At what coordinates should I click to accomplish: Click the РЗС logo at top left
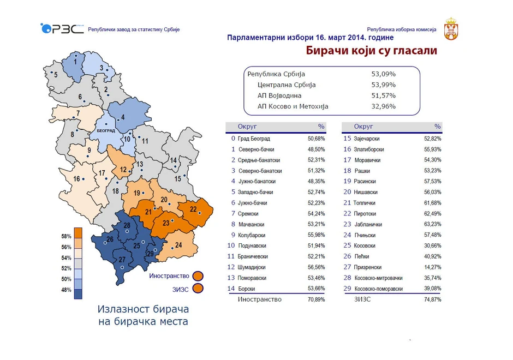click(x=62, y=28)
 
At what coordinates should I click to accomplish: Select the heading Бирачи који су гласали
click(x=371, y=51)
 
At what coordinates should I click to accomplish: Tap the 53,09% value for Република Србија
click(x=383, y=74)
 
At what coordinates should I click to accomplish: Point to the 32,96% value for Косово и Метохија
click(x=383, y=106)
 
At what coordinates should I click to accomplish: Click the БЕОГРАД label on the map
click(x=106, y=131)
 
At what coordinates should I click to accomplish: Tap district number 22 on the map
click(x=193, y=209)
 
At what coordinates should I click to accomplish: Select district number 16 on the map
click(x=77, y=179)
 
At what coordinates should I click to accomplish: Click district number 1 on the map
click(x=75, y=62)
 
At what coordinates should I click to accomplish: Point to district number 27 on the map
click(x=122, y=259)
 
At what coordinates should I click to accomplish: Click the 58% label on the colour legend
click(x=66, y=237)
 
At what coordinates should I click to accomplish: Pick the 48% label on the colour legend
click(x=66, y=290)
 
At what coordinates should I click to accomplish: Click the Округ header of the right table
click(x=363, y=127)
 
